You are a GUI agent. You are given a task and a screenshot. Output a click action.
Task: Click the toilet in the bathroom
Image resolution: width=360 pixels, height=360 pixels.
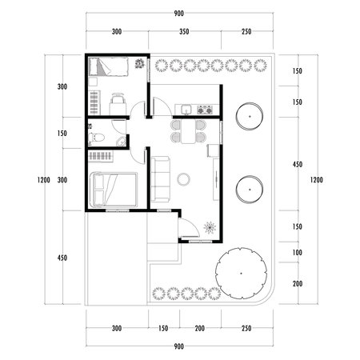coord(99,138)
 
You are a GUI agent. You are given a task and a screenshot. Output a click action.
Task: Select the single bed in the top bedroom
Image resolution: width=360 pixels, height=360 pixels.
coord(102,67)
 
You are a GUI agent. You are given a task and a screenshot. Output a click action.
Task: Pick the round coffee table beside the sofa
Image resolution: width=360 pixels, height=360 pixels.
coord(183,178)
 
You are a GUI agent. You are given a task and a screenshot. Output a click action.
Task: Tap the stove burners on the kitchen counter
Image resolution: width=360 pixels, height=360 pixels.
coord(205,109)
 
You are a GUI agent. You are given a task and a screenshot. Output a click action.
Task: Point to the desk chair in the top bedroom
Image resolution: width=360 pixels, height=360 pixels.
coord(118,101)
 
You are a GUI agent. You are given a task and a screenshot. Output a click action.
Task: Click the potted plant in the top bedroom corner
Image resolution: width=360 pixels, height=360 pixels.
coord(141,64)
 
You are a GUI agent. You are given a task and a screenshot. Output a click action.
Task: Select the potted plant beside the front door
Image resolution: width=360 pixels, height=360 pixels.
coord(210,228)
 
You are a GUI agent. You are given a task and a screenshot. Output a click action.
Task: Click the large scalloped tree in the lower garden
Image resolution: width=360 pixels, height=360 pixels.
coord(240,270)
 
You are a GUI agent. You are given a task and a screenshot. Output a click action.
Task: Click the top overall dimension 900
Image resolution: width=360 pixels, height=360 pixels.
coord(179,14)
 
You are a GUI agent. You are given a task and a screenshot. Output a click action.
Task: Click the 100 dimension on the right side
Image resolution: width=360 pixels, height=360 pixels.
coord(297,253)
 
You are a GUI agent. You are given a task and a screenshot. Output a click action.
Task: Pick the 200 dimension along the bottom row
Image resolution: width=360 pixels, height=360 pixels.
coord(199,329)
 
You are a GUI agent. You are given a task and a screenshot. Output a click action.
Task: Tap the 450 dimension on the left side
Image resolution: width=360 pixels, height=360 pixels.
coord(62,258)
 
